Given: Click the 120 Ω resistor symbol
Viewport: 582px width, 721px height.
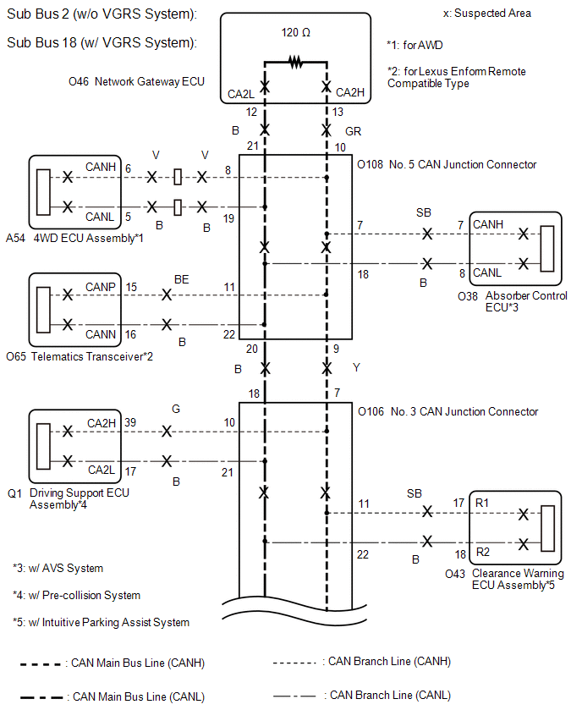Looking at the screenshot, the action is coord(295,62).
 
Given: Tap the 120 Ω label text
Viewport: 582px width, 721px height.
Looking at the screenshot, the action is coord(295,33).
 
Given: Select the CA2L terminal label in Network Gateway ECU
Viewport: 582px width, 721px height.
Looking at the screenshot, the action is coord(241,94).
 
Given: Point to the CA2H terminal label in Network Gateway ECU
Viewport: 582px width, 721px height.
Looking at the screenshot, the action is coord(350,92).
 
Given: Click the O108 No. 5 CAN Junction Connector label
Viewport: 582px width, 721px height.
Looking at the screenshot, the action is coord(447,165).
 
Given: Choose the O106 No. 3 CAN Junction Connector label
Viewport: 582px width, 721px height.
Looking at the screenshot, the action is coord(447,411).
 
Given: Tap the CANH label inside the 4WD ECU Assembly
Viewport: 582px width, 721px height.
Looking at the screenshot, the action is coord(100,167).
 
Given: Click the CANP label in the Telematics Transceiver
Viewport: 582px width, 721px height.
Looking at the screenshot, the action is coord(100,287).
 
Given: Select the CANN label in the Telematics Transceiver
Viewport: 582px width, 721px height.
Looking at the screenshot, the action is coord(100,334).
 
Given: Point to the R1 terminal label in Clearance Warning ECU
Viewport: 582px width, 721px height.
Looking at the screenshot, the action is coord(482,503).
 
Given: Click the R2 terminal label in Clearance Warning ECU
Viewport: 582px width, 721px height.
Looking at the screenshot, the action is coord(483,552).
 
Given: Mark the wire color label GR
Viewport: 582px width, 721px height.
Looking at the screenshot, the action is coord(353,131).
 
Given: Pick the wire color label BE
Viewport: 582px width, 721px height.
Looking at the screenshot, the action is coord(182,279).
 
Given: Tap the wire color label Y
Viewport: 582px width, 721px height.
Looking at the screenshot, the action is coord(356,368).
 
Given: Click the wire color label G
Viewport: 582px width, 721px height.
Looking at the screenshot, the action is coord(176,409).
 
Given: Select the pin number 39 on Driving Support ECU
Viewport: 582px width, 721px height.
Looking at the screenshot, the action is coord(130,422).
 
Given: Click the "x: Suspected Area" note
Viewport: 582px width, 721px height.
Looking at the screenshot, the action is coord(487,14).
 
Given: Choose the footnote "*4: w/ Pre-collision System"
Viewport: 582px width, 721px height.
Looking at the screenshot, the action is coord(76,596).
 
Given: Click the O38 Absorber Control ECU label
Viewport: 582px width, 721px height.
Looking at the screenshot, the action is coord(513,301).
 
